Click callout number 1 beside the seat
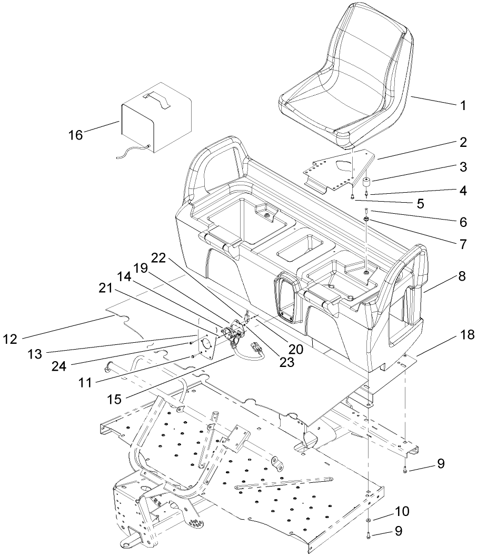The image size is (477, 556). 463,105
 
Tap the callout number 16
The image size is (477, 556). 76,135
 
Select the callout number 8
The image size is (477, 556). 462,275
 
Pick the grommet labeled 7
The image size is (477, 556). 364,219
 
